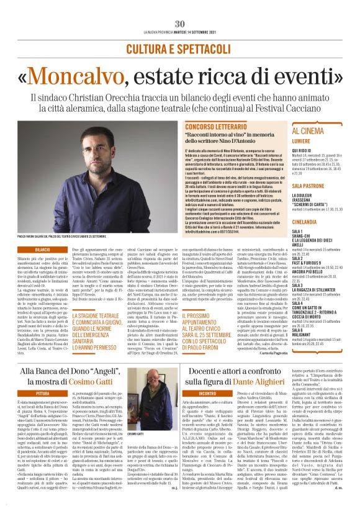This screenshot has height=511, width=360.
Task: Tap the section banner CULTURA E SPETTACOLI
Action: coord(180,49)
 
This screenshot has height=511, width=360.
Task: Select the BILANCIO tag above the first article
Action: coord(42,249)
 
